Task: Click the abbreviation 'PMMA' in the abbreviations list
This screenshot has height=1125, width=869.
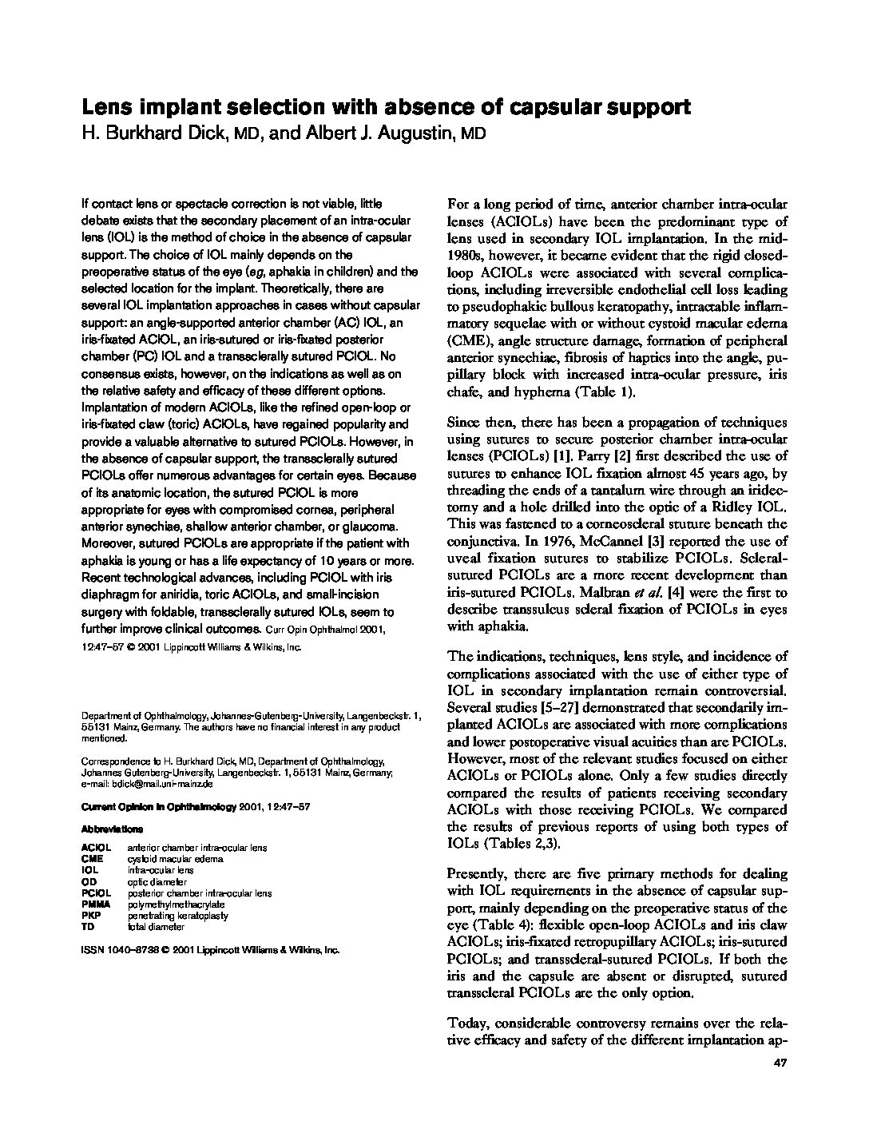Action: tap(95, 904)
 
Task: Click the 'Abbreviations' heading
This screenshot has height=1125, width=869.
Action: tap(113, 829)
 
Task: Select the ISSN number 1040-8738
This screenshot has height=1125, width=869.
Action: tap(135, 950)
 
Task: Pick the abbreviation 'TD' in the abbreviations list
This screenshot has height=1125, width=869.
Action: tap(88, 927)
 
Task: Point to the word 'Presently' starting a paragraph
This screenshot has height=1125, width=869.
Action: tap(477, 873)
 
